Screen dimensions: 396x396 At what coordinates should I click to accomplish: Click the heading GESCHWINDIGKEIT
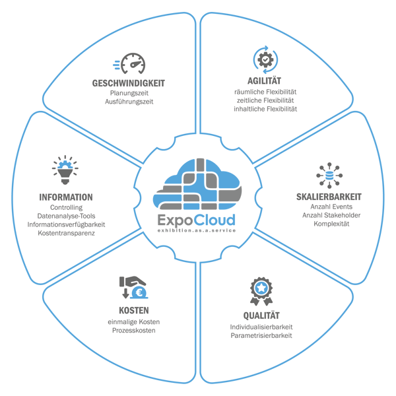click(128, 83)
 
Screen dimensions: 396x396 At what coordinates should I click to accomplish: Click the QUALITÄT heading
click(262, 315)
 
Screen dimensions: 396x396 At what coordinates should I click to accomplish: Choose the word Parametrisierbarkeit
click(262, 335)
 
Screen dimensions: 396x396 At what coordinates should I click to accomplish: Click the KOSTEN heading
click(134, 310)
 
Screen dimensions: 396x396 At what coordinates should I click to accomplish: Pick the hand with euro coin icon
click(134, 288)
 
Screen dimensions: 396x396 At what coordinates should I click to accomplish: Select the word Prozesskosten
click(134, 330)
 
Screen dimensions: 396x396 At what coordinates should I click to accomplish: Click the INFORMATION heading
click(66, 197)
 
